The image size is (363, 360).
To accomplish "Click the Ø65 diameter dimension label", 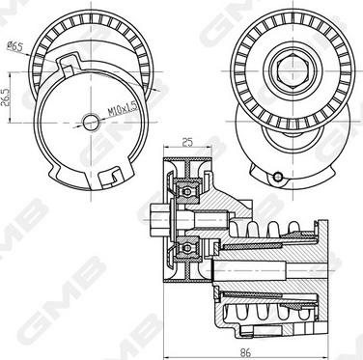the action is pyautogui.click(x=14, y=47).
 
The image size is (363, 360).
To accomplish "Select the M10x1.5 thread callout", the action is pyautogui.click(x=124, y=108).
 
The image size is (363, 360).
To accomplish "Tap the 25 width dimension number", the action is pyautogui.click(x=187, y=142).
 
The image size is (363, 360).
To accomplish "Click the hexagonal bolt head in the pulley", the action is pyautogui.click(x=293, y=71).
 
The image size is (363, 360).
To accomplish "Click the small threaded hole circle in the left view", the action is pyautogui.click(x=91, y=123).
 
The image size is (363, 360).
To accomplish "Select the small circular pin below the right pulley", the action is pyautogui.click(x=277, y=177).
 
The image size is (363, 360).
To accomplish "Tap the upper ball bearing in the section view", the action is pyautogui.click(x=187, y=192).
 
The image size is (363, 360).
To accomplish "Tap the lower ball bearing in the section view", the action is pyautogui.click(x=187, y=248).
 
